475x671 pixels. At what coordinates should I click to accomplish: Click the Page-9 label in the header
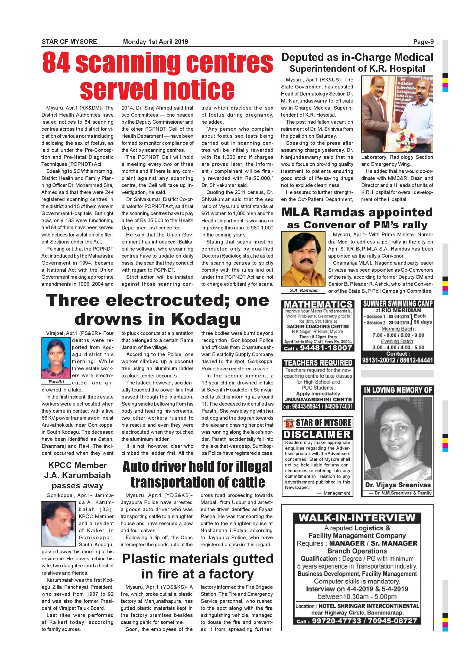pos(423,42)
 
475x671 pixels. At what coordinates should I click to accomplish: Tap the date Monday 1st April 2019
pos(155,42)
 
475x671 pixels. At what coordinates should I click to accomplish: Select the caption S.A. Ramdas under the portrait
pos(303,290)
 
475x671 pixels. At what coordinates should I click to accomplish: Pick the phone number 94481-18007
pos(326,348)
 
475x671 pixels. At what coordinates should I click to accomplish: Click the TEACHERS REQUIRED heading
pos(318,363)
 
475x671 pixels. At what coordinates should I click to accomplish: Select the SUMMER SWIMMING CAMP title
pos(398,304)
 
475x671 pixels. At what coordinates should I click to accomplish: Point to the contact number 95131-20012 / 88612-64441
pos(398,360)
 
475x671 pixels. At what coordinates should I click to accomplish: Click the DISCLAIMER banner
pos(317,435)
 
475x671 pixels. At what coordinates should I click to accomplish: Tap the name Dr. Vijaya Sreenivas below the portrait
pos(398,485)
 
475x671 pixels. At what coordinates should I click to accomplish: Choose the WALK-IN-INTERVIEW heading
pos(357,518)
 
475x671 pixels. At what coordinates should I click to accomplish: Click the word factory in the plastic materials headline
pos(231,574)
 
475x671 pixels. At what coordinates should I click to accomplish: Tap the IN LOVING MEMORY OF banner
pos(398,390)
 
